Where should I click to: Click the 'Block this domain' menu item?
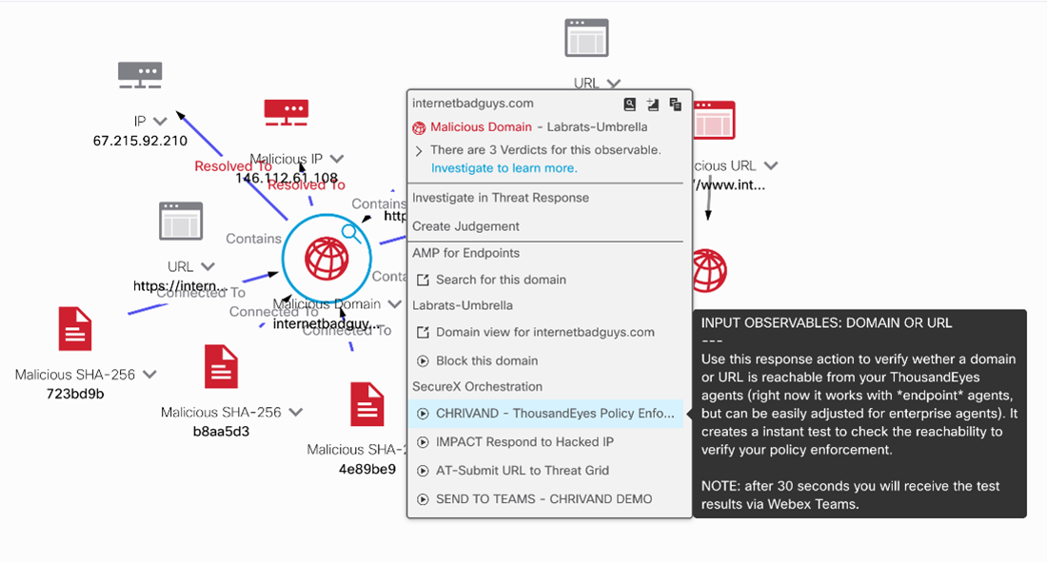[486, 360]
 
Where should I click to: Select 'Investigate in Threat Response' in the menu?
[501, 198]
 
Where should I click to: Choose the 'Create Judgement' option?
[465, 226]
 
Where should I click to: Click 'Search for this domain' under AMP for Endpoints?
[501, 280]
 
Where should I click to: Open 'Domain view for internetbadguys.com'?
[544, 332]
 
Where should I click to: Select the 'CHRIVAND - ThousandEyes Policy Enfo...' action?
[555, 414]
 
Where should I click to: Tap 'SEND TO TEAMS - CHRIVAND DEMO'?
[543, 499]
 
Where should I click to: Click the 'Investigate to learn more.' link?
[504, 168]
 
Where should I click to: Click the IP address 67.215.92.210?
[140, 141]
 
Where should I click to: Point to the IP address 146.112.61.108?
[286, 178]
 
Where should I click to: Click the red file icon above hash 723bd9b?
[75, 330]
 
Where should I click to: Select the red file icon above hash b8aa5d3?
[221, 367]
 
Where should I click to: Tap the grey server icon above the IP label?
[139, 75]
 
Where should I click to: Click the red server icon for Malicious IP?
[286, 112]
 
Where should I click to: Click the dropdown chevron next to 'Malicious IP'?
[337, 159]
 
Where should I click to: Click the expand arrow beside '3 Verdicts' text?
[419, 150]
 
